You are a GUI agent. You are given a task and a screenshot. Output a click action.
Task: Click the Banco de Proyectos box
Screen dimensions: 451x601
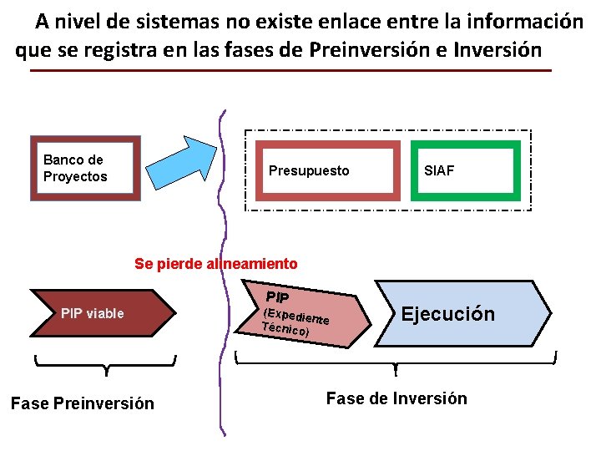pos(85,168)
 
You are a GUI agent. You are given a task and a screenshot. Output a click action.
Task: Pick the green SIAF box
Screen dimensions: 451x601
pos(465,171)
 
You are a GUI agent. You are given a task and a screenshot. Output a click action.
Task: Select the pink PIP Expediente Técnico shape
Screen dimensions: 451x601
pos(305,317)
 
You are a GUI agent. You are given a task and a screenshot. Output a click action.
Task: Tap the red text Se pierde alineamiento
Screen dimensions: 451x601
pos(215,264)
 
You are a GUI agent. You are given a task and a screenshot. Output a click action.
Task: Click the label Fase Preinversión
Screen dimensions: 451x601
pos(83,403)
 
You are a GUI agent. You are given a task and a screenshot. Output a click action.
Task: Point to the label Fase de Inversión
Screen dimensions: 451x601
pos(396,398)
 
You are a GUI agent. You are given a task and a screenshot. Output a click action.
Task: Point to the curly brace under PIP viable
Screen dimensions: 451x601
pos(106,364)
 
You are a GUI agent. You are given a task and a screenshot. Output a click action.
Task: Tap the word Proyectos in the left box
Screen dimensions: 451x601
pos(75,176)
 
